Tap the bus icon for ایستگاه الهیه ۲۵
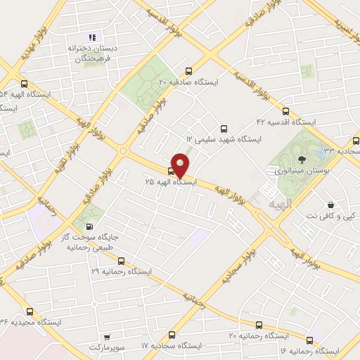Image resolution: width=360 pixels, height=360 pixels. click(x=172, y=171)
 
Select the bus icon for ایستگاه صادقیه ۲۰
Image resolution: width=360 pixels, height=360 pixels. click(x=188, y=71)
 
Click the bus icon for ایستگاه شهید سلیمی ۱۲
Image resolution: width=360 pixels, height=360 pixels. click(x=224, y=129)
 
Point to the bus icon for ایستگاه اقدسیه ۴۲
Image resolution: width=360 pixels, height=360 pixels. click(x=285, y=110)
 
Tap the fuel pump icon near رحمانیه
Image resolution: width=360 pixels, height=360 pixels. click(x=89, y=226)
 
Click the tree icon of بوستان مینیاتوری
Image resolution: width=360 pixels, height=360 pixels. click(x=302, y=160)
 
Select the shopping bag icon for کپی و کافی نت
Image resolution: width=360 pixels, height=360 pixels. click(x=330, y=205)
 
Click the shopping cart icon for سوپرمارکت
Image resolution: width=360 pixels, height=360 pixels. click(x=105, y=337)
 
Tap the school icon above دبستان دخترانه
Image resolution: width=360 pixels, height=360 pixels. click(x=91, y=37)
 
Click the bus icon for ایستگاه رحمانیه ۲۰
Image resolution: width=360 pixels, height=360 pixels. click(x=259, y=325)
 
